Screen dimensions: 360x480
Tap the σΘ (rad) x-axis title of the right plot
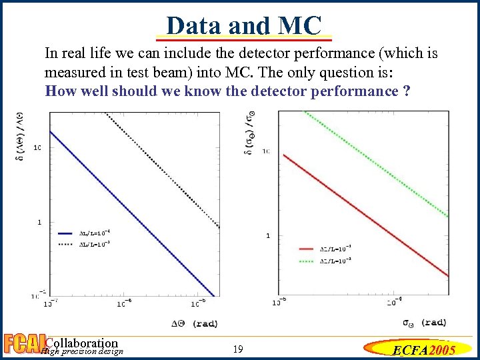425,322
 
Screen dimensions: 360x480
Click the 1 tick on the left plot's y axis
39,221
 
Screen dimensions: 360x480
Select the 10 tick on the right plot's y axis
266,151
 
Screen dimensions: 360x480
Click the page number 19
239,349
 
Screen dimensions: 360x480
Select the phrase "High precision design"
82,351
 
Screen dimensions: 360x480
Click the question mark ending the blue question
407,91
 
